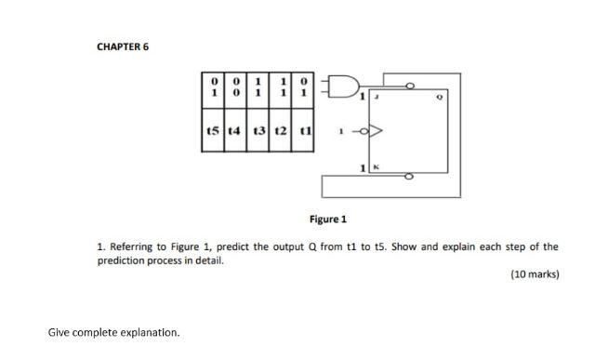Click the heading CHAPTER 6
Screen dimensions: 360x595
(122, 47)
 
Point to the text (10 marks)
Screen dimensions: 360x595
(535, 275)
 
